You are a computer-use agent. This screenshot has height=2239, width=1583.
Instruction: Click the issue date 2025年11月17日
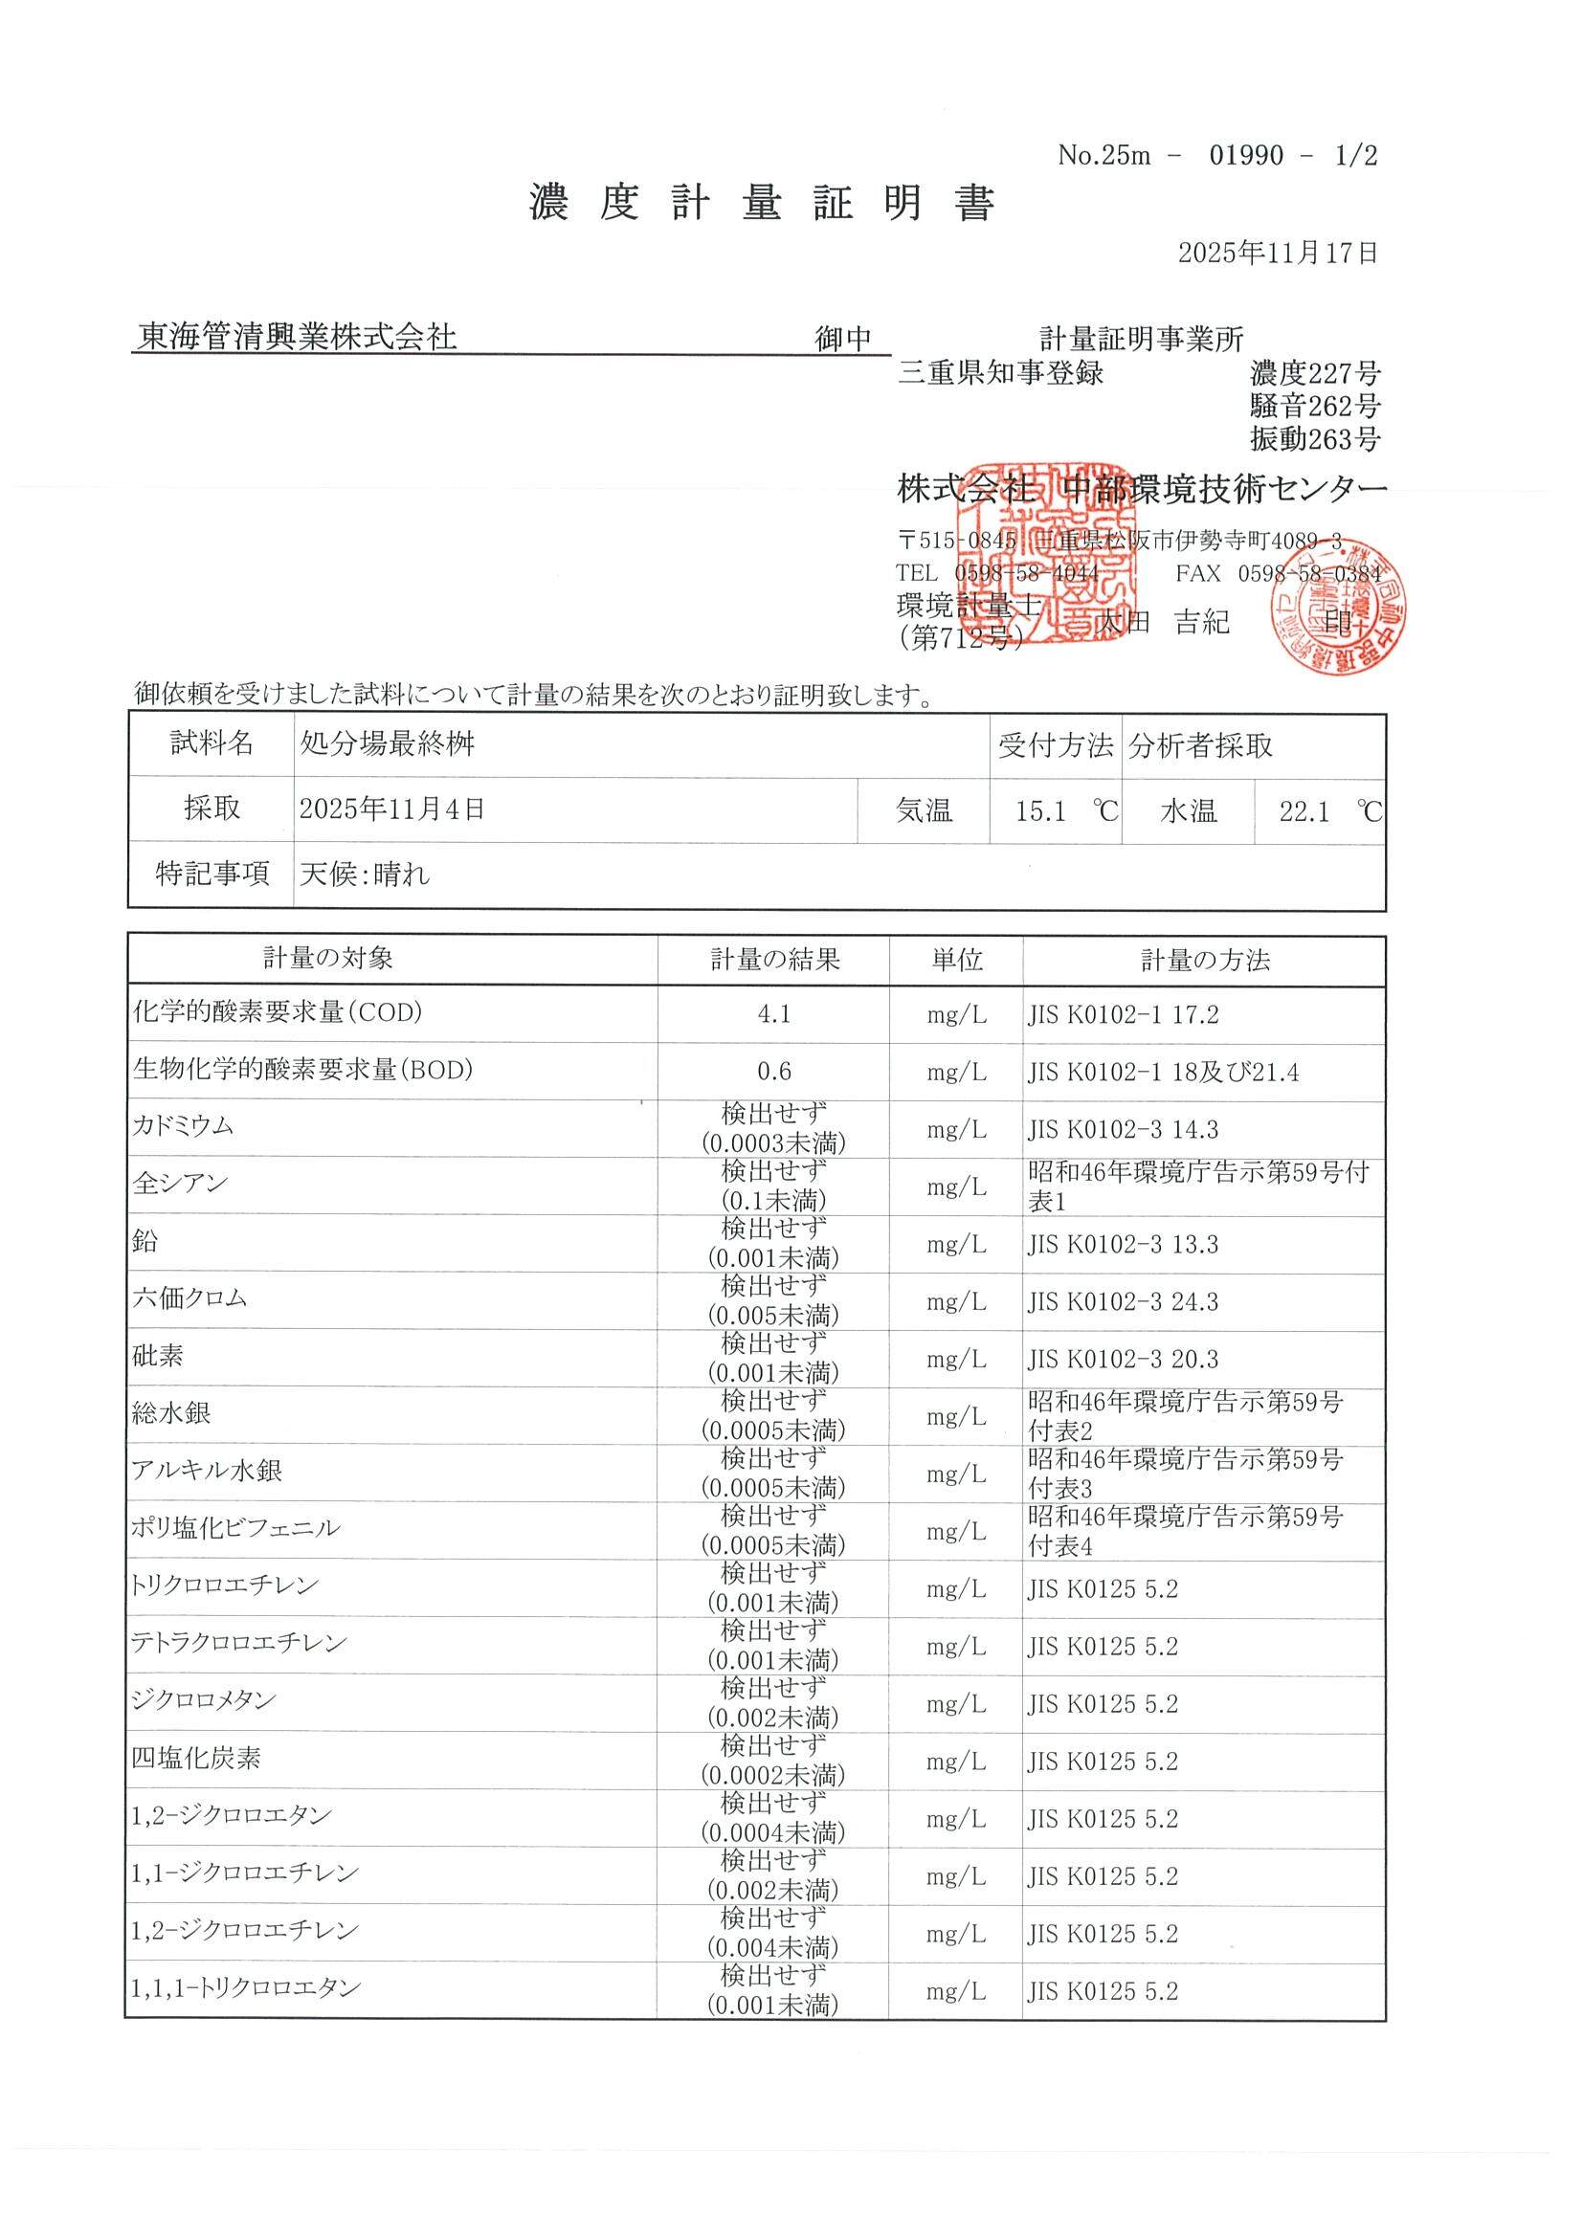click(x=1278, y=254)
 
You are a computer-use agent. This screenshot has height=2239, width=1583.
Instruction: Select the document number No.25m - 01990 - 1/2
click(x=1217, y=156)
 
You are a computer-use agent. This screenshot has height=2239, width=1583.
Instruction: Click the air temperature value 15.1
click(x=1039, y=811)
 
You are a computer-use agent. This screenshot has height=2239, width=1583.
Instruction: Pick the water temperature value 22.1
click(x=1304, y=811)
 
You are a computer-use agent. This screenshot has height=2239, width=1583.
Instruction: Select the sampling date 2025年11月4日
click(x=392, y=809)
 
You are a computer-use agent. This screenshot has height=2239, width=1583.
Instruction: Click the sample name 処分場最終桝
click(x=388, y=745)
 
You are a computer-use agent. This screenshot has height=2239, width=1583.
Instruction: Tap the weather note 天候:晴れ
click(x=365, y=875)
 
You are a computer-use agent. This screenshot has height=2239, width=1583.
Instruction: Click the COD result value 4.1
click(x=773, y=1015)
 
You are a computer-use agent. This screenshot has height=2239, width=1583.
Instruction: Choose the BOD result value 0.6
click(x=773, y=1073)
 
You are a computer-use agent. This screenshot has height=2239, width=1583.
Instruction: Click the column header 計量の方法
click(x=1206, y=962)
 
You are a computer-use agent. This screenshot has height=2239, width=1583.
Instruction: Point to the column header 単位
click(x=956, y=962)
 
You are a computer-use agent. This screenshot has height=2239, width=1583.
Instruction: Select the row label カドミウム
click(x=184, y=1127)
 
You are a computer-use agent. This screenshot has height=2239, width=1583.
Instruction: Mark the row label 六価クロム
click(x=190, y=1300)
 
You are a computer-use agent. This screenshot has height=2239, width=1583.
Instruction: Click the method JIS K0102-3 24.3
click(x=1123, y=1303)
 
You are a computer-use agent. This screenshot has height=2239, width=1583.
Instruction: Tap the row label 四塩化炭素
click(x=197, y=1761)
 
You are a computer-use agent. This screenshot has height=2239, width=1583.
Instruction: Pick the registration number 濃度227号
click(x=1315, y=374)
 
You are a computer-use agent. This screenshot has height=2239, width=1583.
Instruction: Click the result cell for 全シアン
click(x=773, y=1186)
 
